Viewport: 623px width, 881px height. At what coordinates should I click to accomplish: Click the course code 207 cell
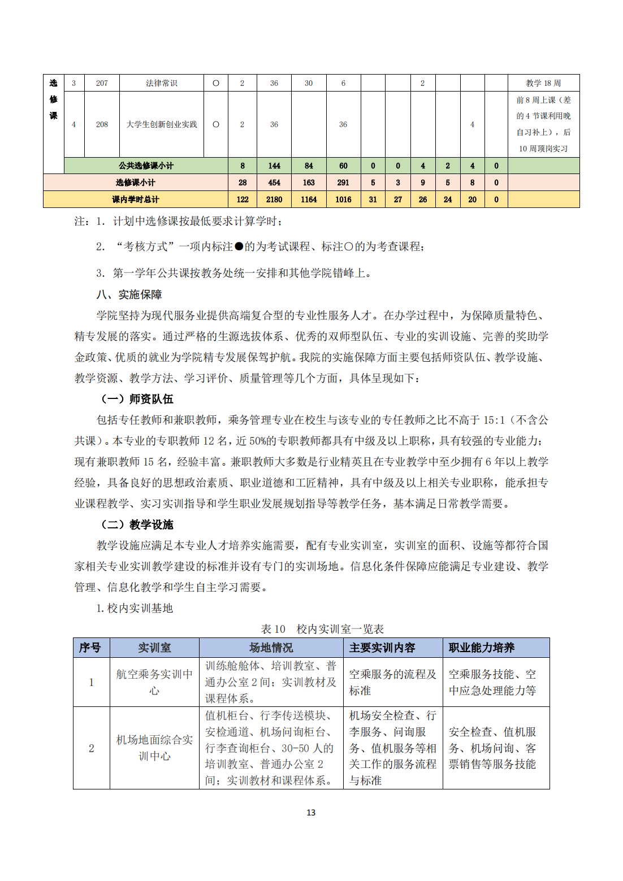point(102,83)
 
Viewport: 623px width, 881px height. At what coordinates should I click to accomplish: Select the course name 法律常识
point(162,83)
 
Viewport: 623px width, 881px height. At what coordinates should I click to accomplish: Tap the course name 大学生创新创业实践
point(162,124)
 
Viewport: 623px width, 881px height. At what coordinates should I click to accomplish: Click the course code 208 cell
point(102,124)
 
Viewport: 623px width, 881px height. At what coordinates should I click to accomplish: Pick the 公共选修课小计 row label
point(146,166)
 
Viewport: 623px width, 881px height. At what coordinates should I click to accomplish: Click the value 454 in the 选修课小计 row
point(274,183)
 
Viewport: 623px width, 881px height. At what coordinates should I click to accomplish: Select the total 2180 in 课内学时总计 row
point(274,199)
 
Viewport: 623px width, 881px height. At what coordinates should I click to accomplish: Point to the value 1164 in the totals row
point(309,199)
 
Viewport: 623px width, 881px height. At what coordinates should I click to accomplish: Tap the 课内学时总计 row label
point(136,199)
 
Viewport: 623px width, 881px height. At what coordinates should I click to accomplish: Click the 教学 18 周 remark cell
point(543,83)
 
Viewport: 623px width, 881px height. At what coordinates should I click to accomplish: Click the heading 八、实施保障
point(129,294)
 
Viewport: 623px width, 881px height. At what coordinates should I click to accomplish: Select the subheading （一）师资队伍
point(137,399)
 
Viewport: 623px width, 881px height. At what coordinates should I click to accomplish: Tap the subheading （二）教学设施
point(137,524)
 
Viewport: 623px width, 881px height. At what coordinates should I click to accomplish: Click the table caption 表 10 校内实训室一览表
point(322,629)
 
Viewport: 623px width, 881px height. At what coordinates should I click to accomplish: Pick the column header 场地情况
point(271,648)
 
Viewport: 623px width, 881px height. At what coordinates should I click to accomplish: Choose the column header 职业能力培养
point(482,648)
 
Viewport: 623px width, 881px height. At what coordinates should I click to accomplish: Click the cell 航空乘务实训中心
point(154,682)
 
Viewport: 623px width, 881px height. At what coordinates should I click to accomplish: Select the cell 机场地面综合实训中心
point(154,748)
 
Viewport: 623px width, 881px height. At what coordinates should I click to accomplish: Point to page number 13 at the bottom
point(311,813)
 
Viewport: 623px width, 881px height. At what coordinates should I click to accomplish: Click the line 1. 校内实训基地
point(135,608)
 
